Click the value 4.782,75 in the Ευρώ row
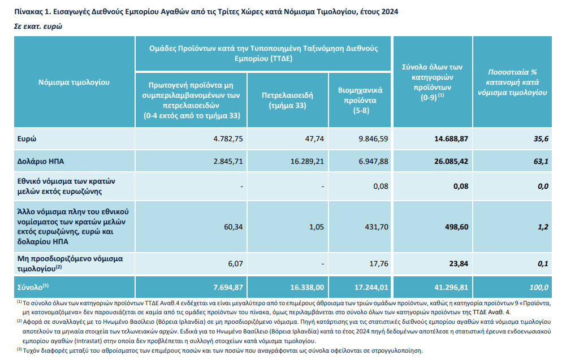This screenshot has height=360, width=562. coord(228,138)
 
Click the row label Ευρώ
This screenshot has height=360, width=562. coord(28,138)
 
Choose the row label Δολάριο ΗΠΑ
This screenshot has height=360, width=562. coord(41,161)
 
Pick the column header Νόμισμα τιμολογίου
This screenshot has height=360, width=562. coord(74,82)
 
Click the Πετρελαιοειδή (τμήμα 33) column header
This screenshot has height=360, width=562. coord(288,100)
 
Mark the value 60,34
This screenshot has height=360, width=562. coord(234,227)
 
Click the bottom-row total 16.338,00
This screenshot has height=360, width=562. coord(308,287)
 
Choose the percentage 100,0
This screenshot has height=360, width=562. coord(538,287)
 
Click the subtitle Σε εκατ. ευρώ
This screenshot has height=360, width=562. coord(38,26)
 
